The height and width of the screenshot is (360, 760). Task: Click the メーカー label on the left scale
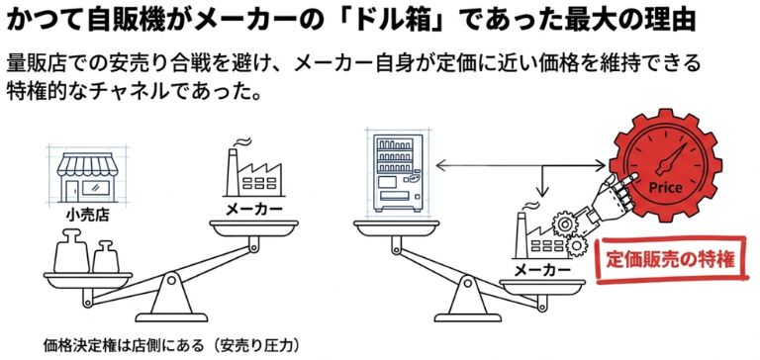(x=253, y=210)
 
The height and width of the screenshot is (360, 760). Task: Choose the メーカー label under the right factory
(x=541, y=270)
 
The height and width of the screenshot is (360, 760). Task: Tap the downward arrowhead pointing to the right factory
(x=541, y=194)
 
